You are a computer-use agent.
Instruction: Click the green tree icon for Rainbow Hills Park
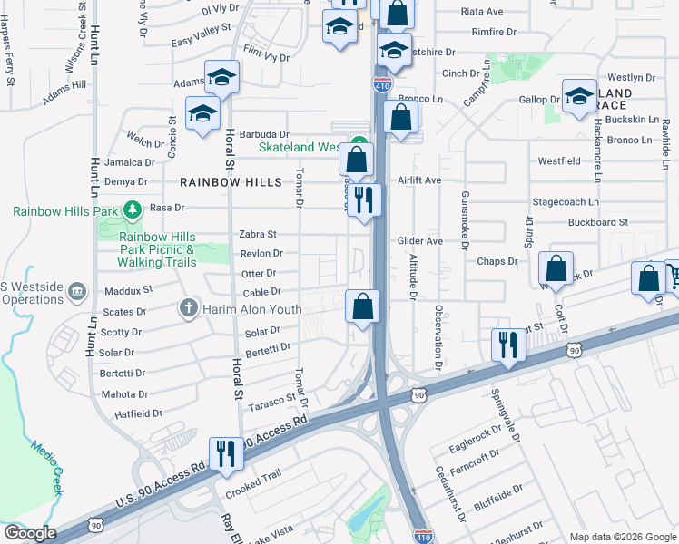tap(133, 210)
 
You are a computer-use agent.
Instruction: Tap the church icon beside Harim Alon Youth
tap(189, 308)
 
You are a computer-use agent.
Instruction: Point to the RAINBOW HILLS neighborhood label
tap(222, 182)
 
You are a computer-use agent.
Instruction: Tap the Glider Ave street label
tap(419, 240)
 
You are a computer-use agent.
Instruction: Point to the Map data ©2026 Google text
tap(623, 537)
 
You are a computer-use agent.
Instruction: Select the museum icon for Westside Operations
tap(77, 291)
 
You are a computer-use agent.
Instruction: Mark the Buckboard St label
tap(598, 222)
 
